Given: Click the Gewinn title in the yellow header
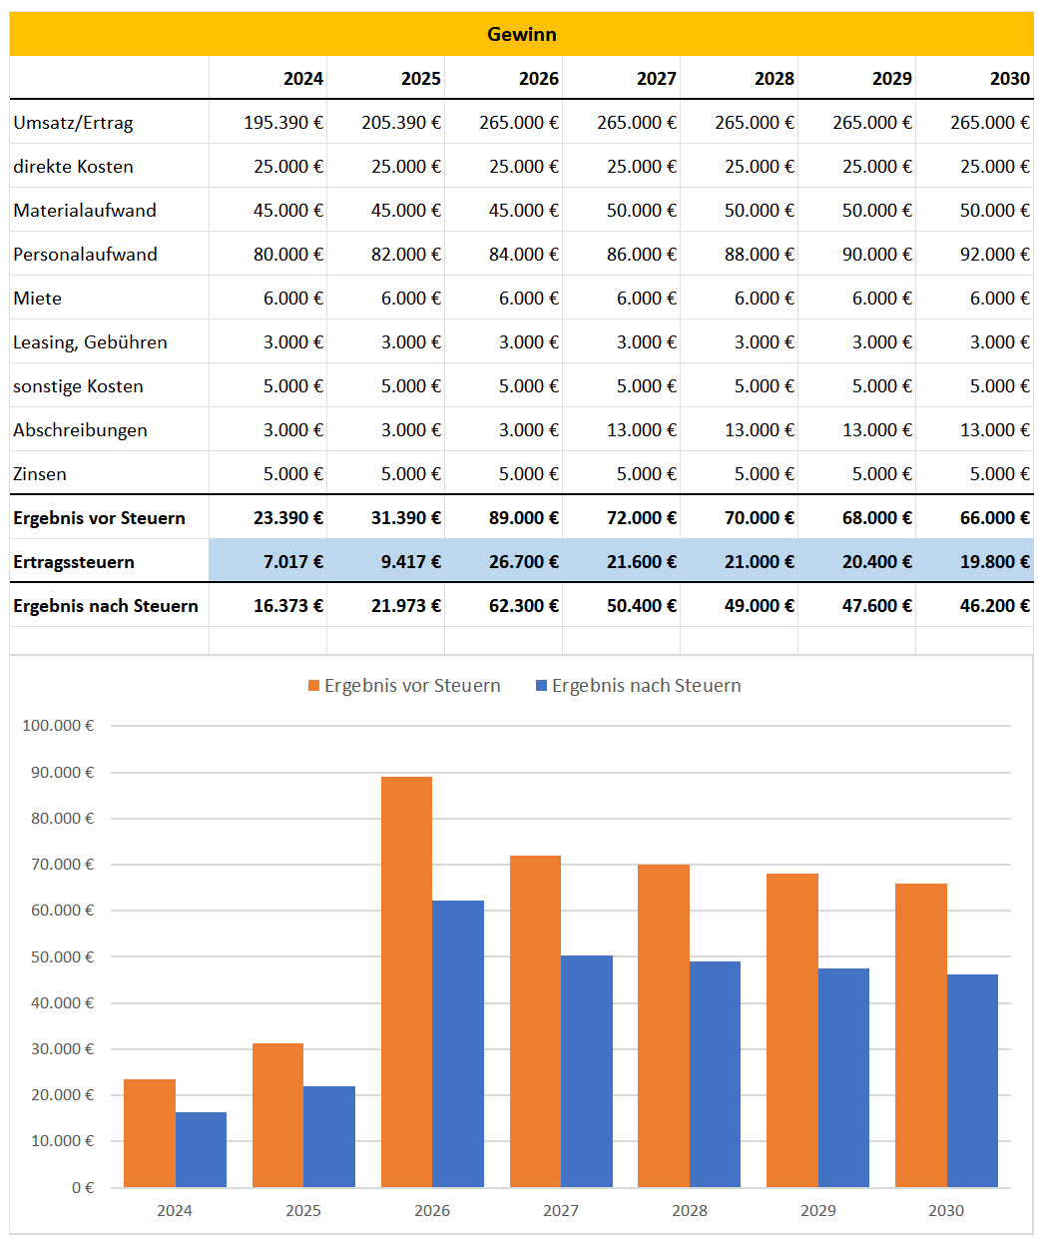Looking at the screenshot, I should point(521,34).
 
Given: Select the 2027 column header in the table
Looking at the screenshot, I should point(656,79).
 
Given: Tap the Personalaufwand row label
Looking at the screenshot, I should point(85,255).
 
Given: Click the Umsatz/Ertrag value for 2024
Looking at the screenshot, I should point(283,123).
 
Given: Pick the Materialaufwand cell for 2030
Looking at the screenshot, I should point(994,211).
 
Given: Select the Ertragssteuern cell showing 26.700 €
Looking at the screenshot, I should point(523,562).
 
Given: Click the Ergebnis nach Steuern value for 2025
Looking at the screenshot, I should point(405,606).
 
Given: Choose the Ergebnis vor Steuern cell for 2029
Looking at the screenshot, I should point(876,518).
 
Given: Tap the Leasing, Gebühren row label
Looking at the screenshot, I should point(90,342).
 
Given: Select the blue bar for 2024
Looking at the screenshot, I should point(201,1149).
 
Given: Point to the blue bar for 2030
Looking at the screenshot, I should point(972,1080).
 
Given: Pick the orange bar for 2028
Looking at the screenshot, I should point(664,1025).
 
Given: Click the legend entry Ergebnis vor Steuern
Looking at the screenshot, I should point(404,686).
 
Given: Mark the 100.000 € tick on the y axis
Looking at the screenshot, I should point(58,726).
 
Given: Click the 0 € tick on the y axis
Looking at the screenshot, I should point(83,1188).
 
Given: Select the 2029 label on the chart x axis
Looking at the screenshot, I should point(818,1211).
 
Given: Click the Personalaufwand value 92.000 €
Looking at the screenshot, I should point(994,255).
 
